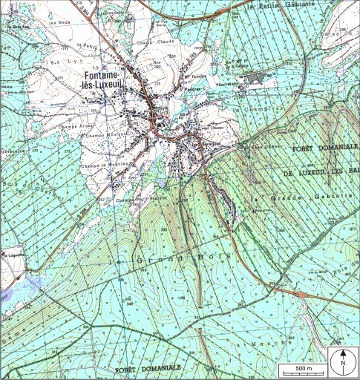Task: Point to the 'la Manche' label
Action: click(x=268, y=344)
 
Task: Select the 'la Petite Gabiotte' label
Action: click(x=282, y=5)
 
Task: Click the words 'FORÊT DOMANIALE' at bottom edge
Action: click(x=148, y=368)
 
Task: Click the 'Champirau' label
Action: click(x=255, y=109)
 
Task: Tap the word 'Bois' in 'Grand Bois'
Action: click(x=215, y=257)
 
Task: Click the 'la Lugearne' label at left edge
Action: click(x=9, y=253)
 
